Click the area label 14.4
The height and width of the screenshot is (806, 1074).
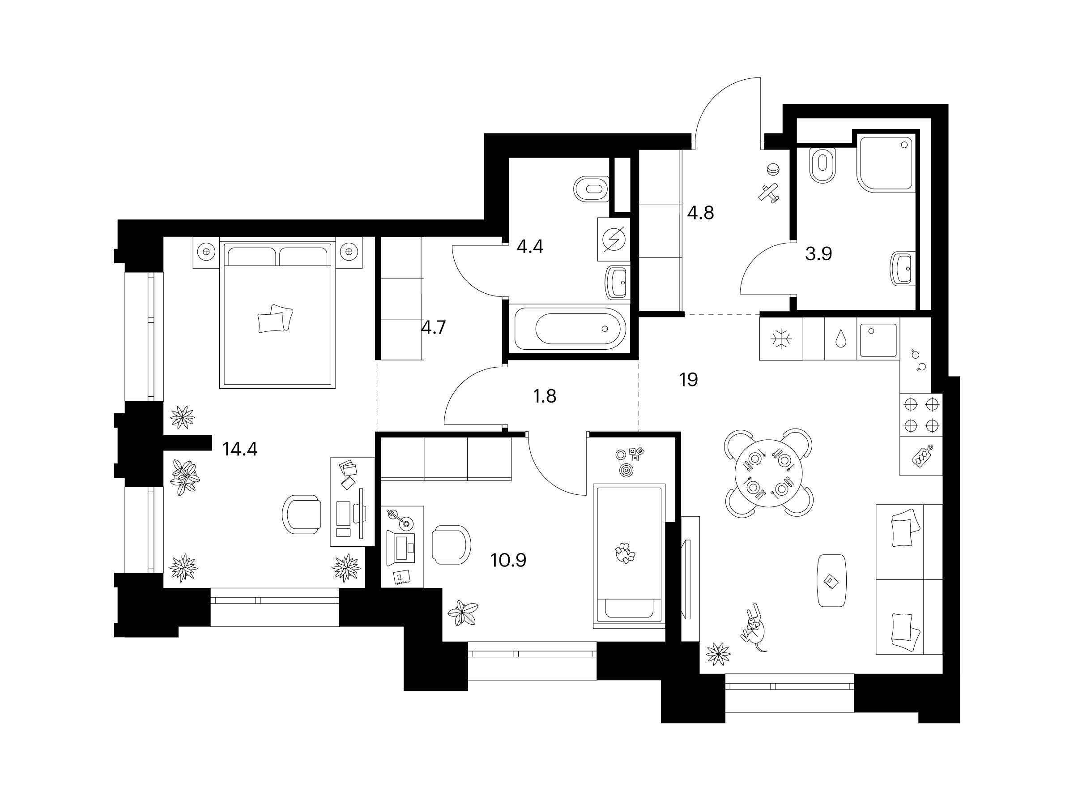point(239,449)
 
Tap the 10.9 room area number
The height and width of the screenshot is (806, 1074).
point(508,560)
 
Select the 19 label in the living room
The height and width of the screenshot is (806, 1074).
point(689,379)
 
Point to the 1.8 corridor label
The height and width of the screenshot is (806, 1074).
point(544,396)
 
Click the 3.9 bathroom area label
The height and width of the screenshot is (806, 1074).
point(818,253)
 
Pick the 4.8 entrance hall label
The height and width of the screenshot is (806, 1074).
point(701,212)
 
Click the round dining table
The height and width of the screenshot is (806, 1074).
point(769,473)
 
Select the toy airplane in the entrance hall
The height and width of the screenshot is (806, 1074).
point(769,193)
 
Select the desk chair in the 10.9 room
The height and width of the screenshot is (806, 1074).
point(451,544)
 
